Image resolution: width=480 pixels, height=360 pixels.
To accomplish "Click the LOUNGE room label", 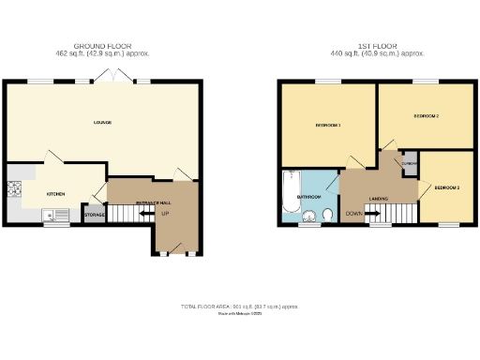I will coord(103,123).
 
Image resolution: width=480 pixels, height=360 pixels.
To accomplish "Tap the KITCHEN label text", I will coord(56,194).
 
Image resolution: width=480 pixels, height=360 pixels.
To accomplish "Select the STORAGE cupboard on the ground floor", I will coord(94,216).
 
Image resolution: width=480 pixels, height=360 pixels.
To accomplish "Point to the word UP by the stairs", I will coord(165,214).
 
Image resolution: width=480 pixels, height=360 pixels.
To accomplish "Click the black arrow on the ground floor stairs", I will coord(145,215).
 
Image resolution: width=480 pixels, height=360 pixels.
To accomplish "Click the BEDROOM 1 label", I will coord(327,125).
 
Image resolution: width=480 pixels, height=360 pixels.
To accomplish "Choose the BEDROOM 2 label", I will coord(426,116).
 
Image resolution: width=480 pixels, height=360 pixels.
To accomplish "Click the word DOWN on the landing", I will coord(353,214).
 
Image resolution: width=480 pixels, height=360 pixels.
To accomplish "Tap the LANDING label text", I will coord(379,198).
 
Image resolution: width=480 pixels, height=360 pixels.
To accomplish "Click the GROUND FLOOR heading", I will coord(103,46).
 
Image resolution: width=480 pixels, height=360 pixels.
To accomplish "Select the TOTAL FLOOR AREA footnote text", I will coord(240,307).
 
